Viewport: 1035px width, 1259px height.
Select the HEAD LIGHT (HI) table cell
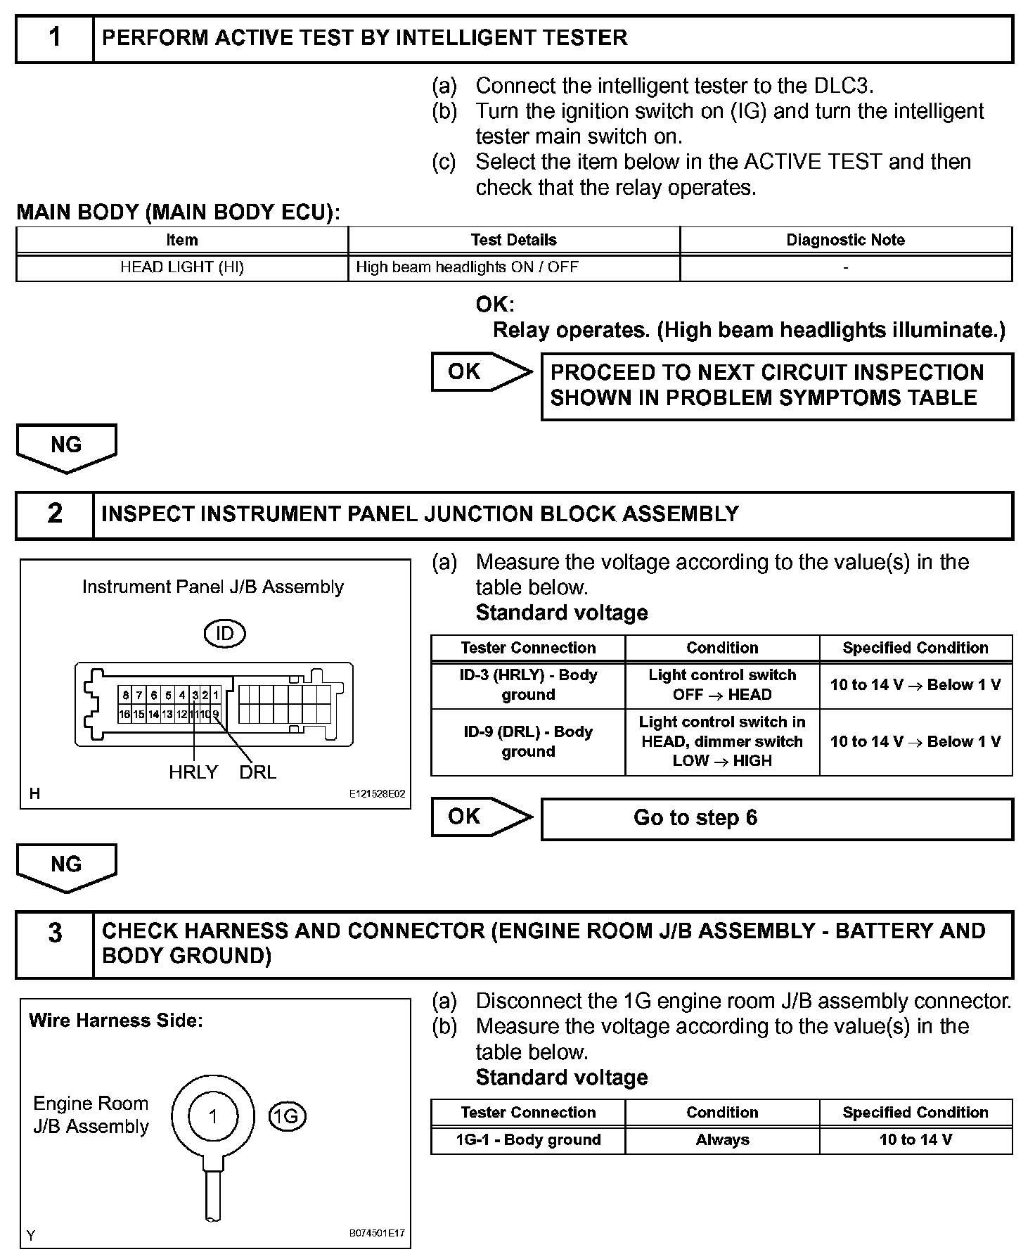[x=182, y=267]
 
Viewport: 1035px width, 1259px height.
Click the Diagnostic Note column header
[x=845, y=240]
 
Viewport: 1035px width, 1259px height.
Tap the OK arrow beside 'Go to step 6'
[x=481, y=817]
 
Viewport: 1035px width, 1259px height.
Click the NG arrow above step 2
[x=66, y=447]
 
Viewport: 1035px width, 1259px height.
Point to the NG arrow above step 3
[x=66, y=867]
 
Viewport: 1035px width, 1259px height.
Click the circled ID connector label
[x=224, y=634]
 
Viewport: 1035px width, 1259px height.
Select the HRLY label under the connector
[x=193, y=772]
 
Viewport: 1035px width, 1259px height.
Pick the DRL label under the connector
[x=257, y=772]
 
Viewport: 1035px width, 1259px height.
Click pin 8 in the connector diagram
[x=125, y=696]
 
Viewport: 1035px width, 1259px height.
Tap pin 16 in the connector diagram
[x=124, y=714]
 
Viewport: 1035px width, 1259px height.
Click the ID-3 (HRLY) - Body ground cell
[x=528, y=684]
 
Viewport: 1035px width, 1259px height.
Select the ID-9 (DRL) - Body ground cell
[x=528, y=741]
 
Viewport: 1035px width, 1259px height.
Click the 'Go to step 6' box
[x=776, y=818]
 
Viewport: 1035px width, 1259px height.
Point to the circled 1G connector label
[x=287, y=1117]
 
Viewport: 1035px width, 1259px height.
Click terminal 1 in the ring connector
[x=213, y=1116]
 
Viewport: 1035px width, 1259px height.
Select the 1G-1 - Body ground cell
[x=528, y=1139]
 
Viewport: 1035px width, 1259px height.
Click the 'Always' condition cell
[x=722, y=1139]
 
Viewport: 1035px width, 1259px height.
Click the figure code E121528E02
[x=377, y=794]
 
